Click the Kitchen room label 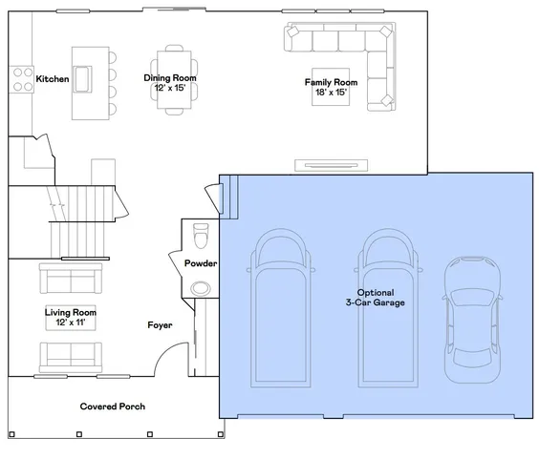pos(52,79)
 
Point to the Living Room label pos(70,317)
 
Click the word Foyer pos(160,325)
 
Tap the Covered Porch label pos(112,406)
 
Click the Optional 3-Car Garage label pos(381,297)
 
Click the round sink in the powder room pos(201,288)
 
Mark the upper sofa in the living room pos(70,278)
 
